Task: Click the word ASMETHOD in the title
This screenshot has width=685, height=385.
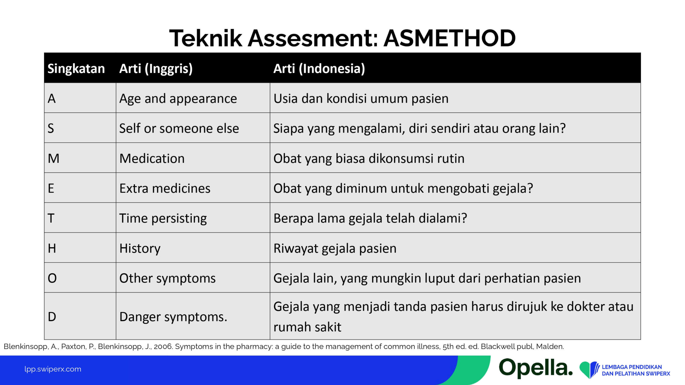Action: coord(450,38)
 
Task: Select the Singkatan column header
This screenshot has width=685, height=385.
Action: coord(76,68)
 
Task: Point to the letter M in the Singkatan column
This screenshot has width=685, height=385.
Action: coord(54,158)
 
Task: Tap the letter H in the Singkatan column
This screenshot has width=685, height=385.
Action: coord(52,248)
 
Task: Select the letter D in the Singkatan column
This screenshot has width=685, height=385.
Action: coord(52,317)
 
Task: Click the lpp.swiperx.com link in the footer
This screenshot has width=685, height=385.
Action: coord(53,369)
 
